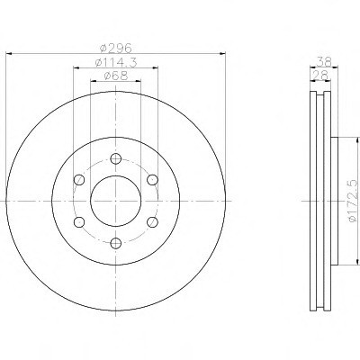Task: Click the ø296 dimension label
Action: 115,48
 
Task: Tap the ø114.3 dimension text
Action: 116,62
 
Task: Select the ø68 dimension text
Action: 116,76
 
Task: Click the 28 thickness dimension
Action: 319,75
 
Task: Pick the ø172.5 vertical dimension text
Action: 354,201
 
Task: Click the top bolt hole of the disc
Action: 116,158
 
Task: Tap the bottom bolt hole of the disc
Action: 116,243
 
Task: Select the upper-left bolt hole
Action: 79,180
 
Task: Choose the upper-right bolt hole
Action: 152,180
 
